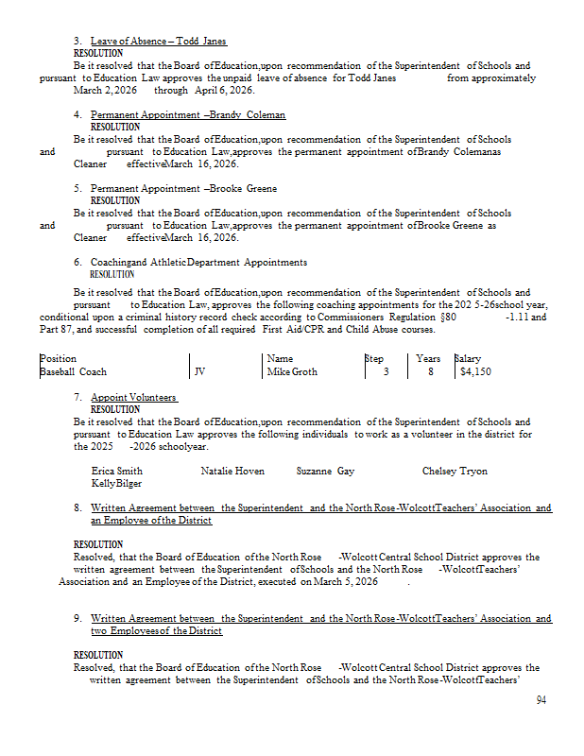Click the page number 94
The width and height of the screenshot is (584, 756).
point(541,700)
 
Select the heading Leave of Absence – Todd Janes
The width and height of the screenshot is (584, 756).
point(158,42)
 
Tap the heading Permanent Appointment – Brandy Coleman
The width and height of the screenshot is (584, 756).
point(187,114)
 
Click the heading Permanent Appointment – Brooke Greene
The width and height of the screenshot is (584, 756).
point(183,188)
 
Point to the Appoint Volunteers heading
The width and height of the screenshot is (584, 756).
point(133,397)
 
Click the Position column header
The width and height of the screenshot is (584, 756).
point(58,359)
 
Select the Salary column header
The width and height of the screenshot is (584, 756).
point(468,359)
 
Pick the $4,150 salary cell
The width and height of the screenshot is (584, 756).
point(475,372)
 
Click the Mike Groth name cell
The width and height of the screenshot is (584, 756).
point(292,372)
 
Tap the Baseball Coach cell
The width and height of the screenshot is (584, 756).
point(73,372)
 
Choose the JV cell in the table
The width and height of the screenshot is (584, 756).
point(199,372)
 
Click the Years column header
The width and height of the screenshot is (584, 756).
point(428,359)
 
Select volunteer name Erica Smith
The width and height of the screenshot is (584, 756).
point(117,471)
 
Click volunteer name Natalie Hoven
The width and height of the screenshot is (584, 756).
point(232,471)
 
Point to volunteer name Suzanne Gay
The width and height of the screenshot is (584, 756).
point(325,471)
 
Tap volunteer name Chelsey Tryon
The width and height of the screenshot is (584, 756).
point(455,471)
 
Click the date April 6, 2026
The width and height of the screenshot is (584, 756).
point(224,91)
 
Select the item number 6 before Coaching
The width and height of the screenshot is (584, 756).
point(77,262)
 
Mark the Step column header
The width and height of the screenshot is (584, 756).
point(375,359)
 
